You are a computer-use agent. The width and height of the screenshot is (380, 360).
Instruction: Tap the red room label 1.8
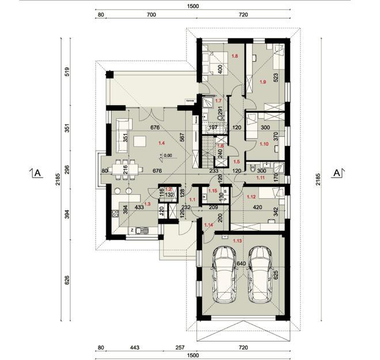(x=235, y=56)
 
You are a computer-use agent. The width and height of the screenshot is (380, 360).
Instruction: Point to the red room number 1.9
(x=263, y=82)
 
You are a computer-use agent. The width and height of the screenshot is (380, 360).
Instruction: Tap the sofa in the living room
(x=124, y=125)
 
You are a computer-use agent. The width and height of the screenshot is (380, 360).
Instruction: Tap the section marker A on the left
(x=36, y=172)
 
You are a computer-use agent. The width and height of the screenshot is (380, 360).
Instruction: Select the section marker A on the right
(x=339, y=172)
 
